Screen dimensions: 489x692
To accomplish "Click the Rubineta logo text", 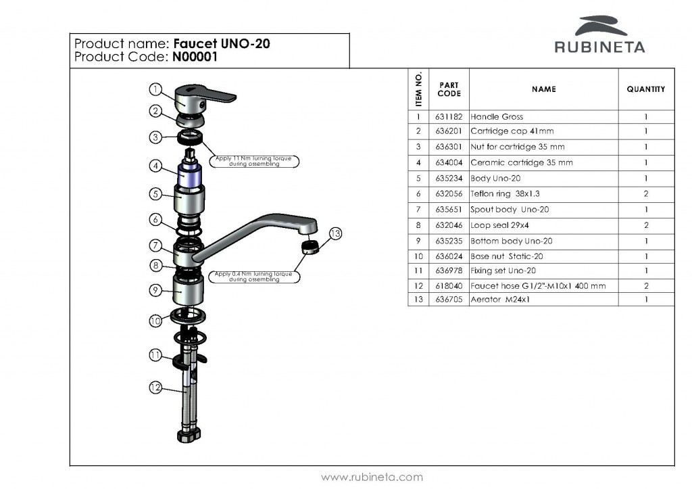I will point(599,47).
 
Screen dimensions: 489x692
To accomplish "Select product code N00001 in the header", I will point(195,57).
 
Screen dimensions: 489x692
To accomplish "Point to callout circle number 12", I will point(155,388).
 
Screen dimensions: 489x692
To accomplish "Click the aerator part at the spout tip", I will point(309,245).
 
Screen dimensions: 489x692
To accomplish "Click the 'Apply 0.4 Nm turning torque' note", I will point(253,277).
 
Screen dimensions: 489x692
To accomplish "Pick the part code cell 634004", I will point(449,162).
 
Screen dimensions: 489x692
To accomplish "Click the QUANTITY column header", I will point(646,89).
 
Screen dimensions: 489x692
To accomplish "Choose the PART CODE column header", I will point(449,89).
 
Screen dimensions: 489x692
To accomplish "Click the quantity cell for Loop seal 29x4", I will point(646,225).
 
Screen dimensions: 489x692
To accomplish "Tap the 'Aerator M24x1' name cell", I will point(501,299).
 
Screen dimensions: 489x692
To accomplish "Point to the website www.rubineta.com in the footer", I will point(372,477).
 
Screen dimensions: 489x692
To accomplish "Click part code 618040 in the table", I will point(449,286).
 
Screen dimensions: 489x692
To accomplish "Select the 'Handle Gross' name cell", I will point(497,116).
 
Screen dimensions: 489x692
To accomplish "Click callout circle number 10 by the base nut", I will point(155,321).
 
